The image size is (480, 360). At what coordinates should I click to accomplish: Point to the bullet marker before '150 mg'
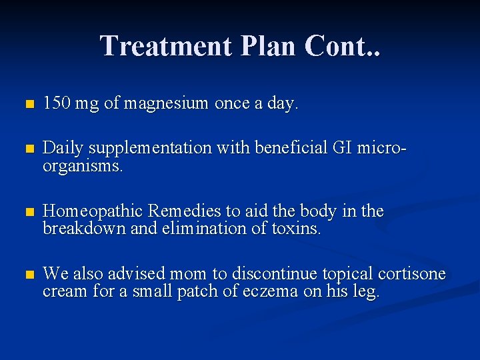[x=27, y=105]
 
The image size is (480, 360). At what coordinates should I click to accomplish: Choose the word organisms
[x=82, y=165]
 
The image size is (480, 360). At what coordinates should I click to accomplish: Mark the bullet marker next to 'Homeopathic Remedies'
[x=27, y=213]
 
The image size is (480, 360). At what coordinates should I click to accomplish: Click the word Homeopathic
[x=93, y=212]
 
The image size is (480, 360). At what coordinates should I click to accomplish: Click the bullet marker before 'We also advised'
[x=27, y=274]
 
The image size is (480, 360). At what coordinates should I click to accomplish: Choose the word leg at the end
[x=368, y=291]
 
